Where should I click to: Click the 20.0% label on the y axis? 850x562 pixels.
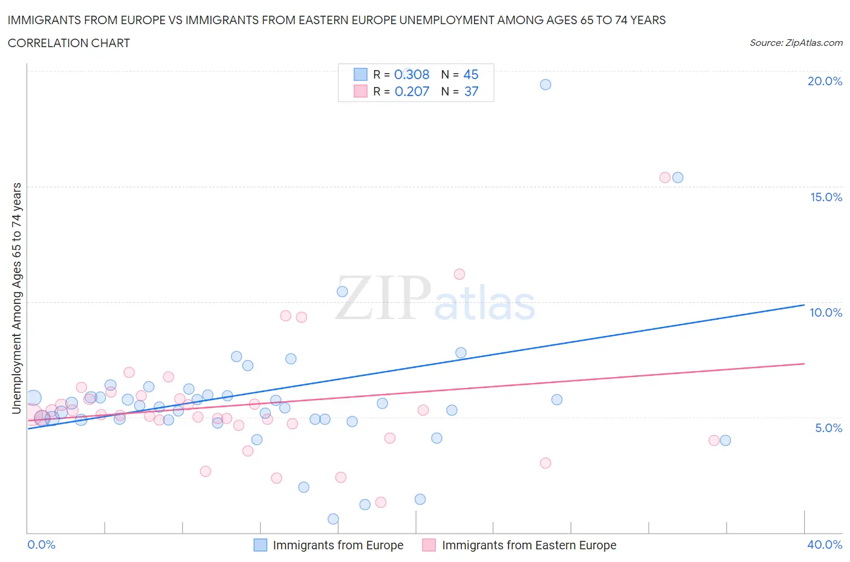point(825,81)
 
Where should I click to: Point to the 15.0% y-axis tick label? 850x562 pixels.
point(826,197)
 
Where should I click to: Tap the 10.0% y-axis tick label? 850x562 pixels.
point(826,312)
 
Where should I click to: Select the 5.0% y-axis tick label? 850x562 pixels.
point(828,428)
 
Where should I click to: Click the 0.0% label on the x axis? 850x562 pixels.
point(41,544)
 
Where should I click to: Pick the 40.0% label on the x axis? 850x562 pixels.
point(825,544)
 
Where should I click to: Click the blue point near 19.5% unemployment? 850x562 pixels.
point(545,85)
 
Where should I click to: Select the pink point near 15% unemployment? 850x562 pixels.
point(665,178)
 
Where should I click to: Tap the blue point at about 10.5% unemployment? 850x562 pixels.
point(342,291)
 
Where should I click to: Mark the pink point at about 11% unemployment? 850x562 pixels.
point(459,274)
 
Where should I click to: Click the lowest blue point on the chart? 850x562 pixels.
point(333,519)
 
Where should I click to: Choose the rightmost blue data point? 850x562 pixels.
point(725,441)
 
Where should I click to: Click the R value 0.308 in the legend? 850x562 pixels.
point(412,74)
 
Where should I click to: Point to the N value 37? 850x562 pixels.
point(471,91)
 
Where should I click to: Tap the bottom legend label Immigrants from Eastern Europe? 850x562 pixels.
point(529,545)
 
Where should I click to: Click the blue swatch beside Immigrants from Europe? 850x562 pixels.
point(260,545)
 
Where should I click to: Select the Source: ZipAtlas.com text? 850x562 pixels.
point(796,43)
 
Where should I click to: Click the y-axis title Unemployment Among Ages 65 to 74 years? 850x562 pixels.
point(17,298)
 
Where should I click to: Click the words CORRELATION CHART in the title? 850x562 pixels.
point(69,43)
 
